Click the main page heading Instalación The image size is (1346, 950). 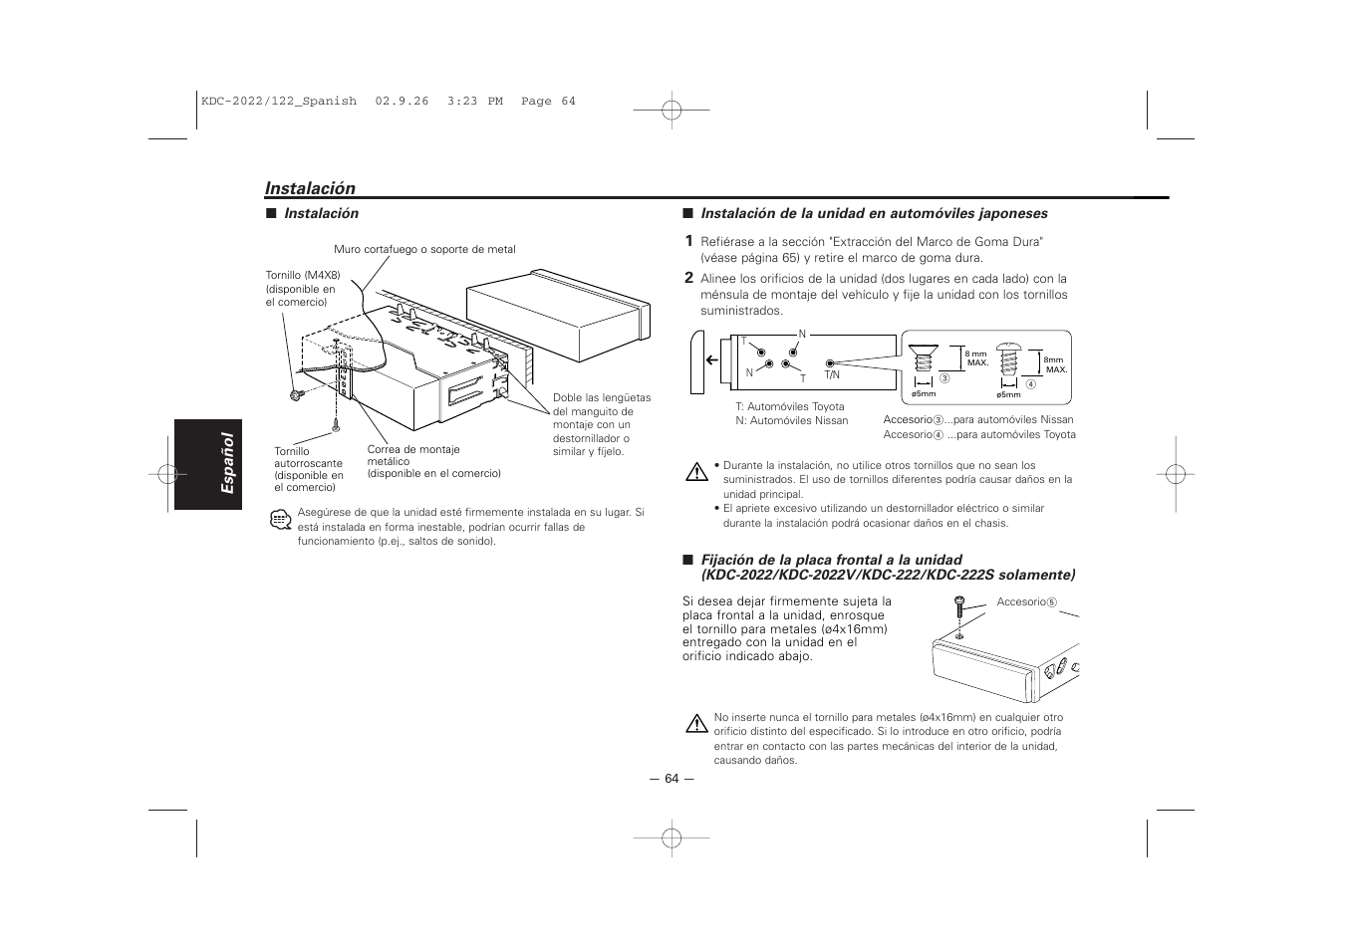[x=310, y=188]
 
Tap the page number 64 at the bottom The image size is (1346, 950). [x=672, y=779]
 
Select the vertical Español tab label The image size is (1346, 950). [x=227, y=463]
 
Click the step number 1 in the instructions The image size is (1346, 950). [x=687, y=241]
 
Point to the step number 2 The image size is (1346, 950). [x=687, y=279]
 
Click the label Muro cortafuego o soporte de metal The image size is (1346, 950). [x=424, y=250]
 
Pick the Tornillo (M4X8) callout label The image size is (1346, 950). [x=303, y=288]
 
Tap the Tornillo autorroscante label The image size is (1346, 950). [x=309, y=469]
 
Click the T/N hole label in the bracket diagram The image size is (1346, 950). [x=832, y=375]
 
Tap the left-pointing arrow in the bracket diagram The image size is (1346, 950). [x=712, y=360]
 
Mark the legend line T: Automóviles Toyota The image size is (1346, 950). [x=789, y=406]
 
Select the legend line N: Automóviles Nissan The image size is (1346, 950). [x=791, y=420]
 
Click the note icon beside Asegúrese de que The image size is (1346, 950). [x=280, y=519]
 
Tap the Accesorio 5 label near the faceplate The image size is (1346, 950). [x=1025, y=602]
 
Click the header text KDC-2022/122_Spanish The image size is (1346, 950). [x=279, y=102]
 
